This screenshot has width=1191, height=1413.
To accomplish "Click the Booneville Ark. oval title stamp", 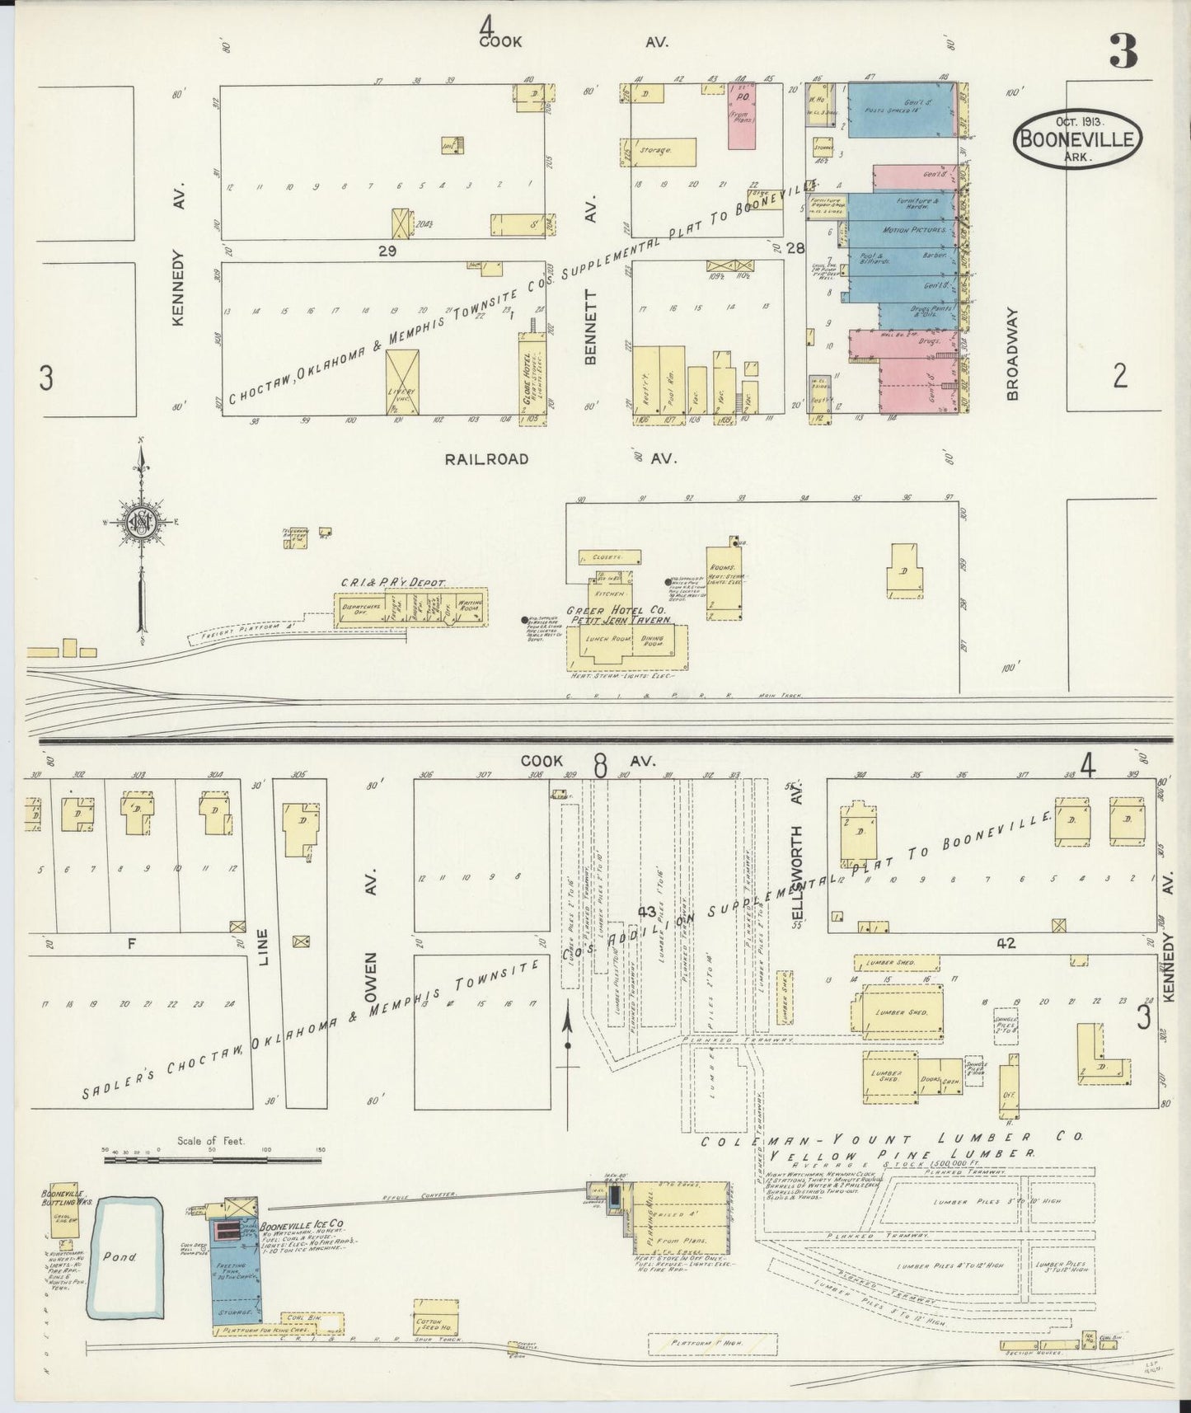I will click(x=1078, y=138).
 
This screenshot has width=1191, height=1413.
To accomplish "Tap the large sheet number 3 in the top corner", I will click(x=1123, y=51).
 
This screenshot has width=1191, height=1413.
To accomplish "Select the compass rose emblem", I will click(x=139, y=522).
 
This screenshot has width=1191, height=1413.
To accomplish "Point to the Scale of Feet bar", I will click(x=211, y=1160).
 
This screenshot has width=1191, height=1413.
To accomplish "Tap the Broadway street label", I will click(x=1012, y=354).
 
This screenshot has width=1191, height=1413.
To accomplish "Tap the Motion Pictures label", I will click(x=909, y=230).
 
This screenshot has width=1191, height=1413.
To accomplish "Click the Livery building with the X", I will click(x=402, y=381).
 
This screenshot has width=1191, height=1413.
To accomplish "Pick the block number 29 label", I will click(x=387, y=251).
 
